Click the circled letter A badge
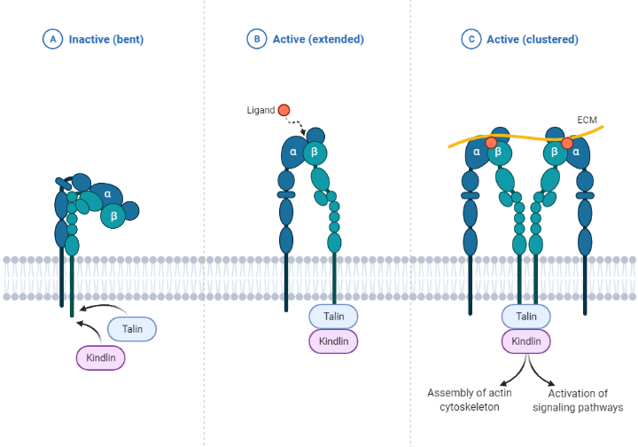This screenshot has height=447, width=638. click(53, 39)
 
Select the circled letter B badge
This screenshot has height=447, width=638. click(256, 39)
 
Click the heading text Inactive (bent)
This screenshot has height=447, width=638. click(106, 39)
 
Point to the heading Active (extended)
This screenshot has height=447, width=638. click(317, 39)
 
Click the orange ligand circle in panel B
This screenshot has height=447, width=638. click(284, 110)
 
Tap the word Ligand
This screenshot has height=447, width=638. click(261, 111)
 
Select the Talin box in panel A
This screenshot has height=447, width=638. click(132, 329)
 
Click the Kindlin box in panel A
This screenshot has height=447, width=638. click(101, 357)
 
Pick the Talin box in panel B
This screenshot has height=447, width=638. click(333, 316)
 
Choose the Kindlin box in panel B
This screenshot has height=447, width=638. click(333, 341)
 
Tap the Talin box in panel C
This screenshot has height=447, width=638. click(526, 316)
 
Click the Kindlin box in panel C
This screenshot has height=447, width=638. click(526, 341)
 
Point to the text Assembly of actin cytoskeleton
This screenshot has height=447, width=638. click(469, 400)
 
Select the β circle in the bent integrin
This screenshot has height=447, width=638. click(113, 215)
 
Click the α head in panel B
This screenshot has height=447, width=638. click(293, 153)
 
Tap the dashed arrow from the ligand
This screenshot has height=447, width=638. click(300, 126)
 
